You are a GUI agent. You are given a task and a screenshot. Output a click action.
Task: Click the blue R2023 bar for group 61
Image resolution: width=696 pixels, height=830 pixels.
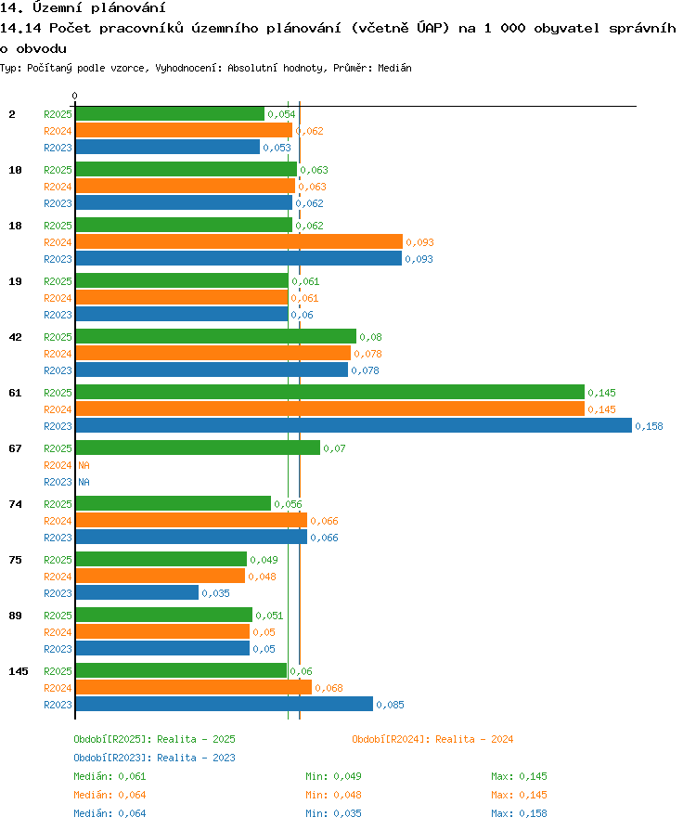coord(354,425)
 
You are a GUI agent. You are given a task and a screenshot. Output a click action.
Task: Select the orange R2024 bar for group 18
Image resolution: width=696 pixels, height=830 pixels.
coord(239,242)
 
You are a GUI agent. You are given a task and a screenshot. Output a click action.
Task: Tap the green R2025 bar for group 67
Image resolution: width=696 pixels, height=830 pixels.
coord(198,447)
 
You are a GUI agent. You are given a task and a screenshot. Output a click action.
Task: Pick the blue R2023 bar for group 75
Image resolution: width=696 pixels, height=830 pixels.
coord(137,593)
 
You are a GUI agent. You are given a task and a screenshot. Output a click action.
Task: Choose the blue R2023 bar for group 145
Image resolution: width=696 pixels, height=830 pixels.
coord(225,704)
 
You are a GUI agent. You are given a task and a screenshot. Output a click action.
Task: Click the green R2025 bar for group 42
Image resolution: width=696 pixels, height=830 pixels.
coord(216,337)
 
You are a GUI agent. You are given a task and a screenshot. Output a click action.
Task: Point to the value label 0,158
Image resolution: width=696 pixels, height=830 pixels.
coord(649,426)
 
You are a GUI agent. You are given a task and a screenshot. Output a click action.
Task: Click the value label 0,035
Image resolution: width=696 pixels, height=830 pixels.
coord(216,593)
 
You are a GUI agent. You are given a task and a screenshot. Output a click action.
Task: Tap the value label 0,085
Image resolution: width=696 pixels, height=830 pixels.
coord(390,705)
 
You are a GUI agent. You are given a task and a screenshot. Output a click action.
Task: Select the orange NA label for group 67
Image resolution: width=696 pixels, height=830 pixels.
coord(84,465)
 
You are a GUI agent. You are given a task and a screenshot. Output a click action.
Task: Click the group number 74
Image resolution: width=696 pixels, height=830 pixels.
coord(16,504)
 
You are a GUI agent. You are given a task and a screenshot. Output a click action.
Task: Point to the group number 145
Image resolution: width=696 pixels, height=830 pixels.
coord(19,671)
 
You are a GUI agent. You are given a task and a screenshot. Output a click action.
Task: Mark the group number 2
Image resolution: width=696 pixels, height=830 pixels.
coord(12,114)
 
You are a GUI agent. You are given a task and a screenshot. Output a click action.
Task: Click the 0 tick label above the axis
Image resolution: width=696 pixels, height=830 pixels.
coord(74,96)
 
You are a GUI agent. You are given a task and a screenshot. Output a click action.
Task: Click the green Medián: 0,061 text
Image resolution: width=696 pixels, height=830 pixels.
coord(110,776)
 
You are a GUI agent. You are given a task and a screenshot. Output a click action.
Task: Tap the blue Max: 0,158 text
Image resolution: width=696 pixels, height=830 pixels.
coord(520,813)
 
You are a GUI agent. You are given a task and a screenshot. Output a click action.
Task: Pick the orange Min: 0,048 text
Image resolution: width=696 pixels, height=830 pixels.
coord(333,795)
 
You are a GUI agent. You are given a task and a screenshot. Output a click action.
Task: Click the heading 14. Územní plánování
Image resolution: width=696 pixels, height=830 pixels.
coord(84,7)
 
